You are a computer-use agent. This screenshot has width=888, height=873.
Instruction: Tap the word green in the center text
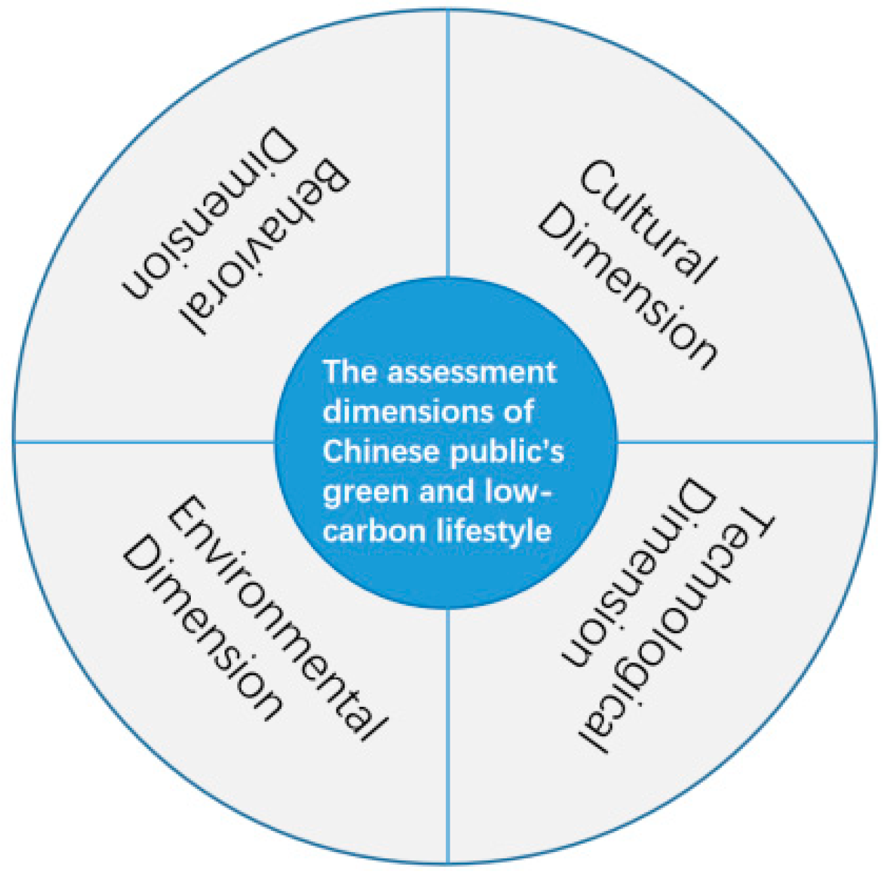(353, 492)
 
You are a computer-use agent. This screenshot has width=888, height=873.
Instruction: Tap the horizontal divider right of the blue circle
(744, 440)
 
